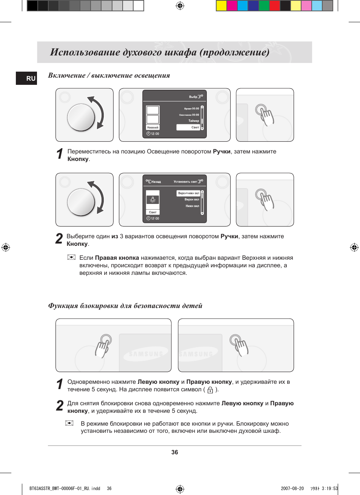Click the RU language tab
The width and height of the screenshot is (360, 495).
click(27, 78)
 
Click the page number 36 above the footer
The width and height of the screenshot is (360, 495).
click(174, 452)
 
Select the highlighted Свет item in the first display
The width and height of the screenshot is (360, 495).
click(188, 127)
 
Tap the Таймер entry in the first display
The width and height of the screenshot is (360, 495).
click(193, 121)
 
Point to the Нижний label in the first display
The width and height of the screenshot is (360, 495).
click(153, 127)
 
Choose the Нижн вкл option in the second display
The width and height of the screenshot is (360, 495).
click(192, 206)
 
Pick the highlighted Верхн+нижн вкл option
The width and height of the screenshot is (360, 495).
click(188, 193)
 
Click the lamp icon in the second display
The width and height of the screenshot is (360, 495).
click(153, 199)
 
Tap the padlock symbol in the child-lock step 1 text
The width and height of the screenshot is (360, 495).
click(210, 390)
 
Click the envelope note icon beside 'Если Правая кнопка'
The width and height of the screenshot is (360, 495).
click(71, 257)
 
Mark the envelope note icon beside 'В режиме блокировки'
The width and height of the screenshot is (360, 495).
click(69, 423)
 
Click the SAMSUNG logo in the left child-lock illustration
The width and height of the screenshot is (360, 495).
click(145, 354)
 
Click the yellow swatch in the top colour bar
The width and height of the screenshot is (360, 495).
click(221, 6)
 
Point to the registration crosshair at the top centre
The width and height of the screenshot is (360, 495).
click(180, 6)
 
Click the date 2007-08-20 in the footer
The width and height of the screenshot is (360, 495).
click(292, 488)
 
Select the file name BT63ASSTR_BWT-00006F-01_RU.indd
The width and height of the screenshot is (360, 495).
click(65, 488)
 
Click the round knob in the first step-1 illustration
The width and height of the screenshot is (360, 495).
click(81, 117)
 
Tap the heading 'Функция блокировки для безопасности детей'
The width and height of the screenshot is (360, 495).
click(125, 305)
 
